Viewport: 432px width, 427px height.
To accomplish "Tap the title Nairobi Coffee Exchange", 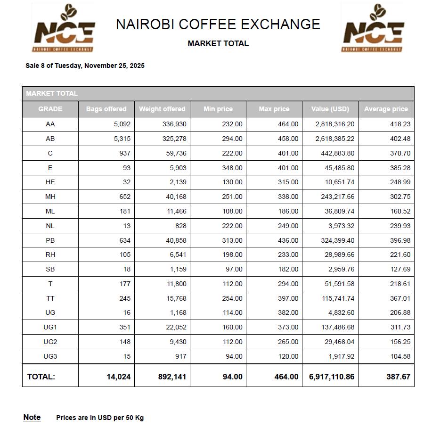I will [218, 24].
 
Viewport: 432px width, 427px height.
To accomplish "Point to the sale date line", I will [85, 66].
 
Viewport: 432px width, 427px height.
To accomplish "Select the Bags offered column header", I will [106, 109].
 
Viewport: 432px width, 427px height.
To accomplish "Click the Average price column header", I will [386, 109].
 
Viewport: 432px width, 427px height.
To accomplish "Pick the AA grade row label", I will [50, 124].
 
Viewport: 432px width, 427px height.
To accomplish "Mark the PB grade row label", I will [50, 240].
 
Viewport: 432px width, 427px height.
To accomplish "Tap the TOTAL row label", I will [41, 377].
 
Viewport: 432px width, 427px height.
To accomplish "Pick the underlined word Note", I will [32, 417].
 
